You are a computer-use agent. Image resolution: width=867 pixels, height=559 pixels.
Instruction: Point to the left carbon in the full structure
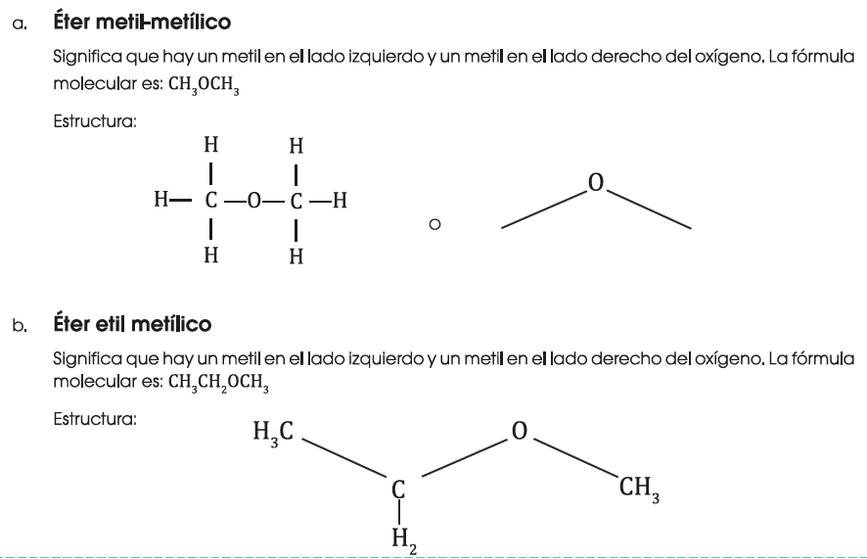click(x=210, y=204)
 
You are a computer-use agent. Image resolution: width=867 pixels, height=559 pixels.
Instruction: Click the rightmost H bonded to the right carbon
click(x=341, y=204)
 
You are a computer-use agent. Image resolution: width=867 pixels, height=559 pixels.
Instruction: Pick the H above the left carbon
click(x=210, y=146)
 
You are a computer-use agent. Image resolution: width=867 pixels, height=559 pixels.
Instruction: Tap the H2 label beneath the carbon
click(x=399, y=539)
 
